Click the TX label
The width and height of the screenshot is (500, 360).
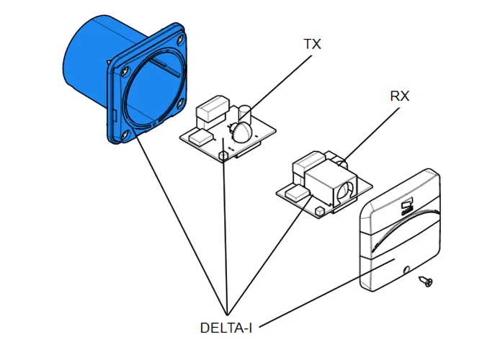pos(312,45)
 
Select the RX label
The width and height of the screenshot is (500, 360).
pos(400,95)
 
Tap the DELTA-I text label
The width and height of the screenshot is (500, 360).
pos(226,328)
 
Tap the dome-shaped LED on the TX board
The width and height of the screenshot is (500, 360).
pos(241,132)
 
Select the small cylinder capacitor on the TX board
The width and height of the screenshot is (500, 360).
pos(244,113)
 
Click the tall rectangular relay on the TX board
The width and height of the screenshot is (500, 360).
pos(210,113)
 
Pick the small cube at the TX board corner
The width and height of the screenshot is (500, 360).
pos(223,154)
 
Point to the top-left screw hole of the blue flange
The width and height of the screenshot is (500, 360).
pos(126,71)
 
